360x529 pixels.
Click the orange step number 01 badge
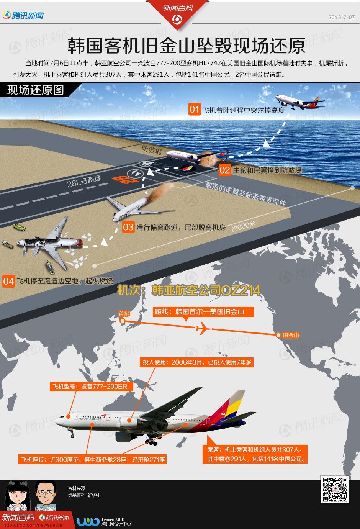194,110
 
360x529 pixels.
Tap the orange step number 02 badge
225,170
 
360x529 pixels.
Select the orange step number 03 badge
128,227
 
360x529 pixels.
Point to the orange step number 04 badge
8,281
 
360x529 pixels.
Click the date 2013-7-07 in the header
341,17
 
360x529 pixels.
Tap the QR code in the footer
335,489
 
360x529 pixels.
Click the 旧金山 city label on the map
291,335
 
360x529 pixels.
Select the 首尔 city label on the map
124,314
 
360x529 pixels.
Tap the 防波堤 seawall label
152,149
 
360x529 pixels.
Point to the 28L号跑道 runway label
84,181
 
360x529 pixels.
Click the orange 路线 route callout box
203,312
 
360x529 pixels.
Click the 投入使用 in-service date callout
197,362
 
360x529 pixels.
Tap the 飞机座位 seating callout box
93,459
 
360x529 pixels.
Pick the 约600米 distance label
243,226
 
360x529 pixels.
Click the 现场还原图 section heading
36,90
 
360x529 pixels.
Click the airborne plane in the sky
299,102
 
